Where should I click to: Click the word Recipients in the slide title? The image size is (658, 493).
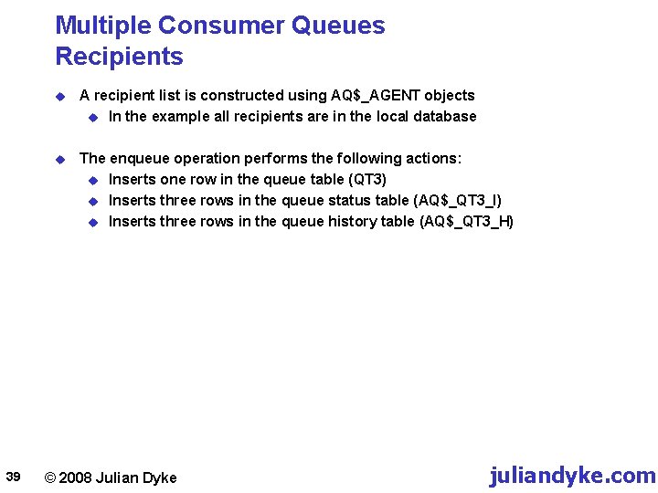[x=119, y=57]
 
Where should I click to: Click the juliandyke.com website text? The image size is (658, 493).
[x=572, y=476]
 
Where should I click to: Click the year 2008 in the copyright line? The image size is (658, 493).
[x=76, y=477]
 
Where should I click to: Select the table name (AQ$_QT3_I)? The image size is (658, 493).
[x=458, y=200]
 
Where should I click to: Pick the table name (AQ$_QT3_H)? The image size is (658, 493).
[x=466, y=221]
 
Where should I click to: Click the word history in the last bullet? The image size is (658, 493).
[x=350, y=221]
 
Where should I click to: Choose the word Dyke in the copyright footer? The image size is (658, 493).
[x=160, y=477]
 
